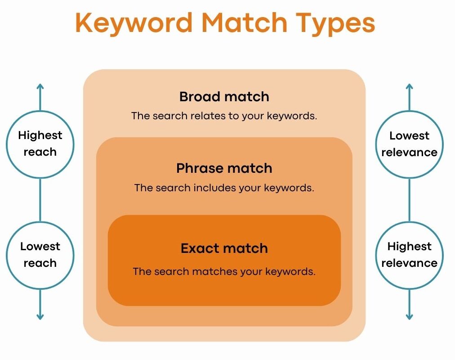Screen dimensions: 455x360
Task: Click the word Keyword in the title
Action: (x=134, y=22)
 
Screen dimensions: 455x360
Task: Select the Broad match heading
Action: (x=224, y=97)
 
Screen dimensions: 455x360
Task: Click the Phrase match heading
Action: (x=224, y=168)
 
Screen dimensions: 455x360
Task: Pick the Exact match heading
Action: (x=224, y=248)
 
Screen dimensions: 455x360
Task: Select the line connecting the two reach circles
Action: (x=40, y=200)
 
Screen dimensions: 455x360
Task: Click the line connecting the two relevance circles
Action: (x=410, y=200)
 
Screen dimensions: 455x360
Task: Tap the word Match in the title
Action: (x=244, y=22)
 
